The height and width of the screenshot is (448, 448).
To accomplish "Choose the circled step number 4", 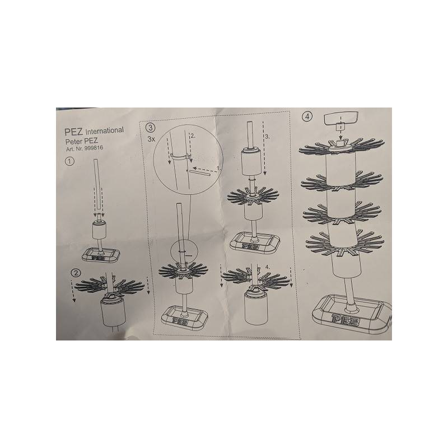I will tap(307, 116).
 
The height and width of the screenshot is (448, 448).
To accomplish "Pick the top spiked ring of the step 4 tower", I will tap(339, 148).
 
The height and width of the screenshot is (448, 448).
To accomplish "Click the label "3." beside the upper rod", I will tap(268, 136).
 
